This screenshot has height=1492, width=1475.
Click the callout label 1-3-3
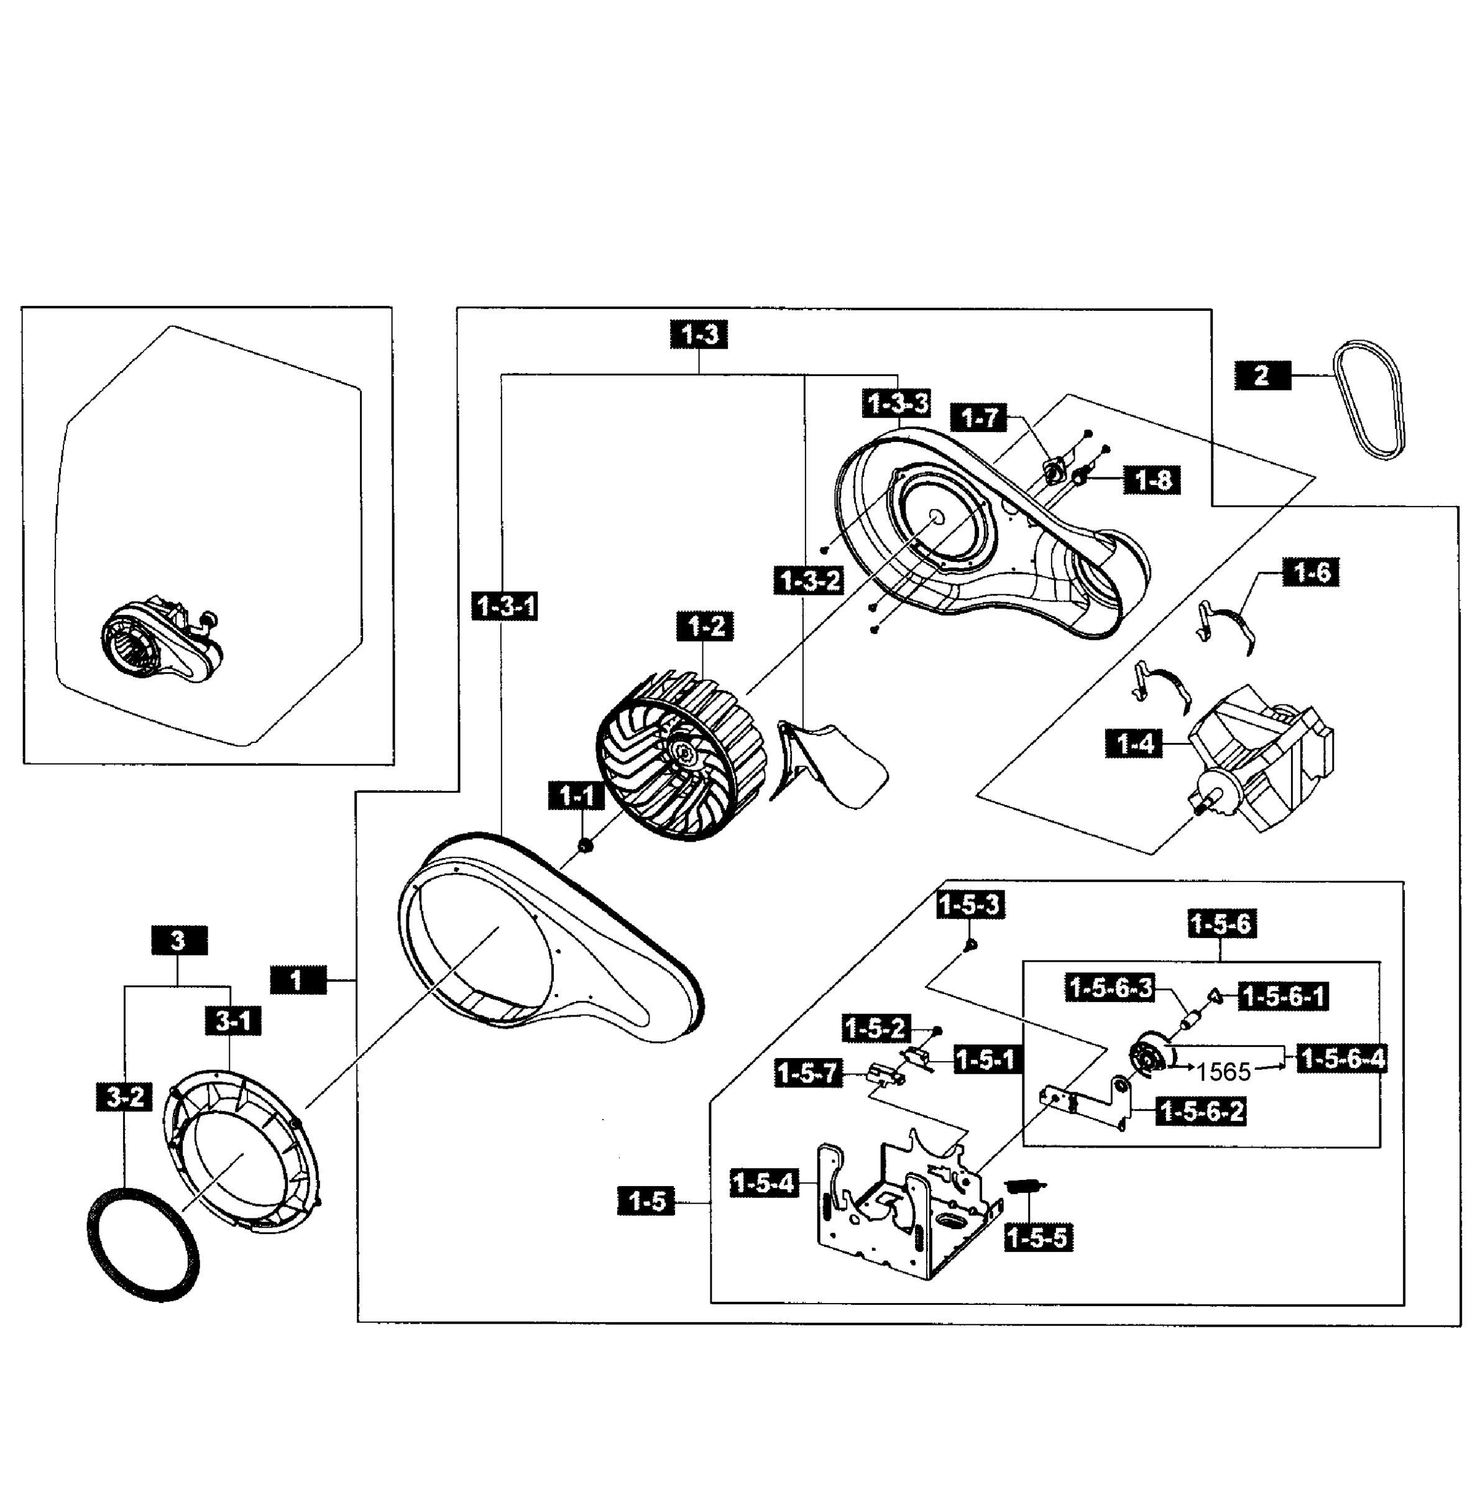(x=898, y=403)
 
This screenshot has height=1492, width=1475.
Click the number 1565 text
(x=1223, y=1072)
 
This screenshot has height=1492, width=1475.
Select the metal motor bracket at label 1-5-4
(x=904, y=1212)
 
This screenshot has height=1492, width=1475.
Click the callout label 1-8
(x=1152, y=481)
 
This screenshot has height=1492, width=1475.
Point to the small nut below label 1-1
(x=586, y=845)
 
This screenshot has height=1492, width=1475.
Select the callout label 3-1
(x=232, y=1021)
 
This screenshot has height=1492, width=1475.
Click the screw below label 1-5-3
(x=972, y=944)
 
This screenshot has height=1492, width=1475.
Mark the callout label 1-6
(x=1310, y=572)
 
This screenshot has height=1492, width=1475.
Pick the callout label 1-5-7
(x=806, y=1072)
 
